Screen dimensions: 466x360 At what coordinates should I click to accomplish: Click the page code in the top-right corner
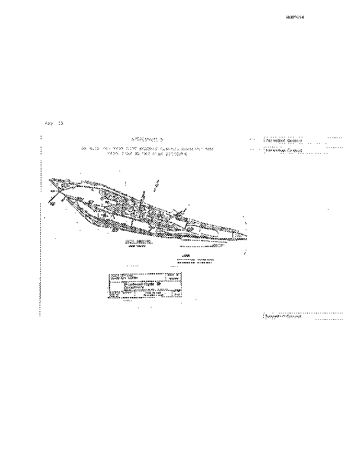(295, 17)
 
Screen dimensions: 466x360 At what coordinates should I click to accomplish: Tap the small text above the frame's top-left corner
(54, 123)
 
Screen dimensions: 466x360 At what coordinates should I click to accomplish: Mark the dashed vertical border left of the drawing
(40, 227)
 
